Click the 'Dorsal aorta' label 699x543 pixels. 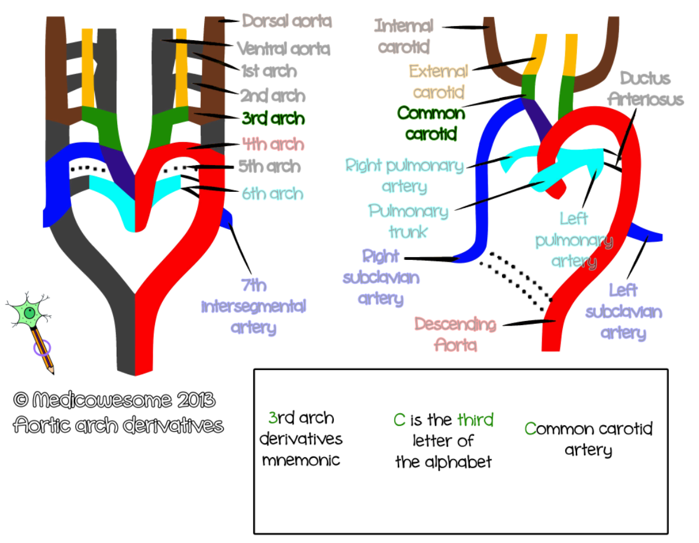pyautogui.click(x=287, y=21)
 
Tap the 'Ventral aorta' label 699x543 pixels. pyautogui.click(x=283, y=49)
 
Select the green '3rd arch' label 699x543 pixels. pyautogui.click(x=273, y=119)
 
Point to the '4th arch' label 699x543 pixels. pyautogui.click(x=273, y=144)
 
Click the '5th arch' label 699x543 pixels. pyautogui.click(x=270, y=166)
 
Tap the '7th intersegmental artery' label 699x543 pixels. pyautogui.click(x=253, y=307)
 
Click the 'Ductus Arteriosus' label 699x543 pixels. pyautogui.click(x=652, y=88)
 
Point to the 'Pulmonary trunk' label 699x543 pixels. pyautogui.click(x=408, y=221)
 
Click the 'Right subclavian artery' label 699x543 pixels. pyautogui.click(x=381, y=278)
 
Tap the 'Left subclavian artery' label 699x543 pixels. pyautogui.click(x=623, y=311)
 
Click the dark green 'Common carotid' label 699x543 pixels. pyautogui.click(x=431, y=123)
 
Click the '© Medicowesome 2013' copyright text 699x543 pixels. pyautogui.click(x=114, y=400)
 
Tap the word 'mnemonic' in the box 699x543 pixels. pyautogui.click(x=301, y=460)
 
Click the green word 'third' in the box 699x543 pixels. pyautogui.click(x=475, y=420)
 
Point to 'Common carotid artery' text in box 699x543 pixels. pyautogui.click(x=588, y=439)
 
